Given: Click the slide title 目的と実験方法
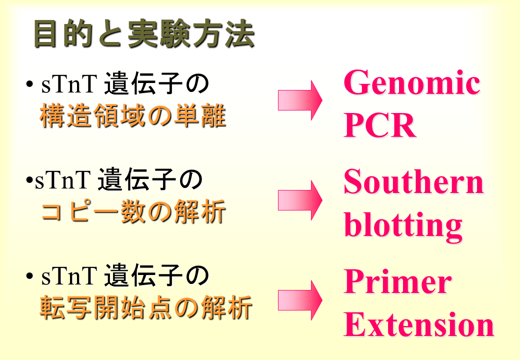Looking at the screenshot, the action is pyautogui.click(x=144, y=34).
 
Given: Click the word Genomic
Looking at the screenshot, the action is pyautogui.click(x=411, y=83).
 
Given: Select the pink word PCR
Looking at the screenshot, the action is pyautogui.click(x=379, y=125).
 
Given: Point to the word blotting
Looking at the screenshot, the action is pyautogui.click(x=403, y=225).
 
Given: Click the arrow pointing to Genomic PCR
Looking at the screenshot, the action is pyautogui.click(x=300, y=100).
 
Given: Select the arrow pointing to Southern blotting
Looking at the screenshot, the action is pyautogui.click(x=300, y=200).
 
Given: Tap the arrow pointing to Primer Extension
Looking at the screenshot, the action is pyautogui.click(x=300, y=300).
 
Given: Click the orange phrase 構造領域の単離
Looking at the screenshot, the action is pyautogui.click(x=133, y=115).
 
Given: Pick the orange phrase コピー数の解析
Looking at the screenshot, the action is pyautogui.click(x=133, y=211).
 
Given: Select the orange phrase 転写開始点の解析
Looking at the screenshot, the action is pyautogui.click(x=146, y=307).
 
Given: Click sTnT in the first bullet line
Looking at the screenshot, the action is pyautogui.click(x=69, y=84).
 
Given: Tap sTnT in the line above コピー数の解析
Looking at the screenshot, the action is pyautogui.click(x=62, y=180).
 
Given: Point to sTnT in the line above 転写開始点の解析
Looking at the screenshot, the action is pyautogui.click(x=69, y=276).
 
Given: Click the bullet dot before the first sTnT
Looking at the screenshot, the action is pyautogui.click(x=29, y=84).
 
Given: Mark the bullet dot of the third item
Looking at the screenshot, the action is pyautogui.click(x=29, y=276).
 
